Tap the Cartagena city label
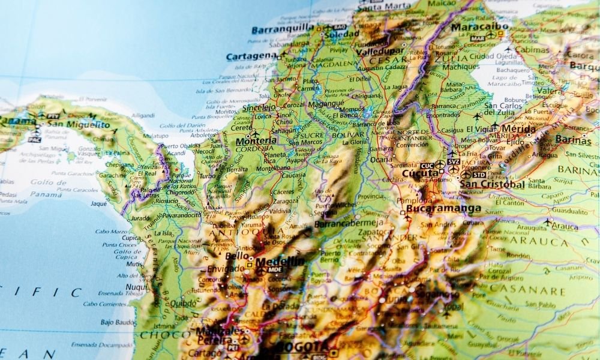pyautogui.click(x=251, y=56)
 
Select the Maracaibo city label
pyautogui.click(x=478, y=27)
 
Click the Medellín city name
pyautogui.click(x=280, y=262)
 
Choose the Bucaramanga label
pyautogui.click(x=443, y=209)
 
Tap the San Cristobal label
pyautogui.click(x=492, y=184)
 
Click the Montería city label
pyautogui.click(x=256, y=141)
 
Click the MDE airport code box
pyautogui.click(x=275, y=271)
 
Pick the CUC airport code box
pyautogui.click(x=427, y=165)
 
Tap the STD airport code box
pyautogui.click(x=479, y=175)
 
